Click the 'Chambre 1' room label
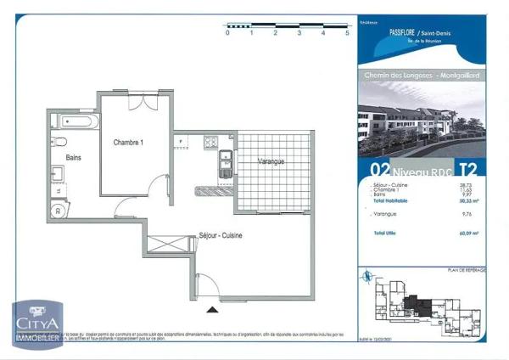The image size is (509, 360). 128,143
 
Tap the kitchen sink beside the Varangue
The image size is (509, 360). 225,162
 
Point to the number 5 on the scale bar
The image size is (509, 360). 347,31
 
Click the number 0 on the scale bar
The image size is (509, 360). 227,31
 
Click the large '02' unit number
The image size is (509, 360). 380,169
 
